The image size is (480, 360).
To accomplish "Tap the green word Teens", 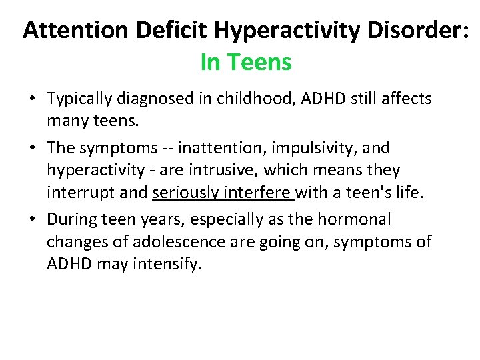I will click(x=259, y=63).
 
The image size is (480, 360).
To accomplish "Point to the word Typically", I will click(x=81, y=99).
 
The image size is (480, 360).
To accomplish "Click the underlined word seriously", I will click(x=185, y=194).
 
